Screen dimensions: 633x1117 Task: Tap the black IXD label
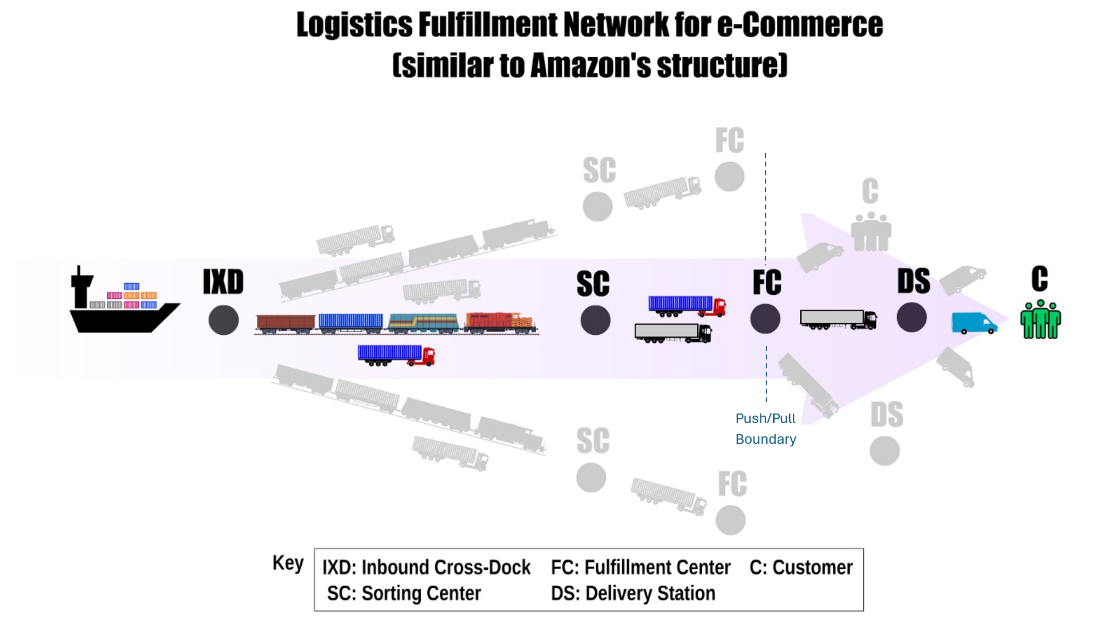pos(223,282)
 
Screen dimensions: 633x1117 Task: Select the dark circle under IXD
pos(223,320)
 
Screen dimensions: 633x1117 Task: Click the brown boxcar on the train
pos(285,323)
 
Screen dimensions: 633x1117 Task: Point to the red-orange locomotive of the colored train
pos(499,322)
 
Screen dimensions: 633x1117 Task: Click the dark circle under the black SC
pos(595,320)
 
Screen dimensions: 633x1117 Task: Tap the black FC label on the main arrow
pos(767,282)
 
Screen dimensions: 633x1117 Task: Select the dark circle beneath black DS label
pos(911,318)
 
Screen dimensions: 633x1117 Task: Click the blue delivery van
pos(974,323)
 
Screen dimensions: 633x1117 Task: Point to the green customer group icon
pos(1040,319)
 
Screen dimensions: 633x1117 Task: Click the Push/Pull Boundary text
pos(766,429)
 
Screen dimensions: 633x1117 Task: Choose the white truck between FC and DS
pos(838,319)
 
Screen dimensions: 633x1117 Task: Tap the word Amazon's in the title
pos(590,65)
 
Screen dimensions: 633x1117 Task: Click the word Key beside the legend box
pos(288,563)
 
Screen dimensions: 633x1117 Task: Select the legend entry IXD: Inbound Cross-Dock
pos(426,568)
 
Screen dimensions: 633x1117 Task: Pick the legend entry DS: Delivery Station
pos(633,593)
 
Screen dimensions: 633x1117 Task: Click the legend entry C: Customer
pos(801,568)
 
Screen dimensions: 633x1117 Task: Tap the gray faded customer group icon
pos(870,232)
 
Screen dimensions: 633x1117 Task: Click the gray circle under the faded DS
pos(884,451)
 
